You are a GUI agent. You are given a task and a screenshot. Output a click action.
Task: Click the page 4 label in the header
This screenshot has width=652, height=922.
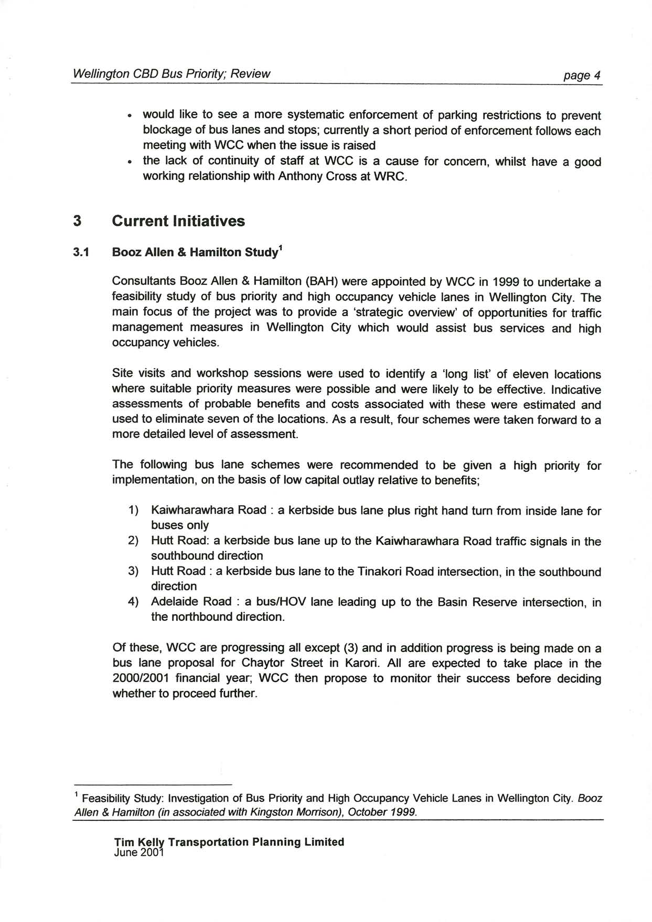coord(581,75)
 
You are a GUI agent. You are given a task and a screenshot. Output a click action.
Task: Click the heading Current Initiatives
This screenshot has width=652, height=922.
coord(178,221)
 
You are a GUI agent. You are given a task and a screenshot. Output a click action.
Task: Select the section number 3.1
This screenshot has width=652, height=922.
coord(81,252)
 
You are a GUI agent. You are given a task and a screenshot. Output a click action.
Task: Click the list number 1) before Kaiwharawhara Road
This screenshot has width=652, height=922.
coord(133,510)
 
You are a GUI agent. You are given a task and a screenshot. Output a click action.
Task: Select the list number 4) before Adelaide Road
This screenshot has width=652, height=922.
coord(133,602)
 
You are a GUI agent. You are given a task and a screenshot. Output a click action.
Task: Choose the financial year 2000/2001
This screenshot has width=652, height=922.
coord(140,678)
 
